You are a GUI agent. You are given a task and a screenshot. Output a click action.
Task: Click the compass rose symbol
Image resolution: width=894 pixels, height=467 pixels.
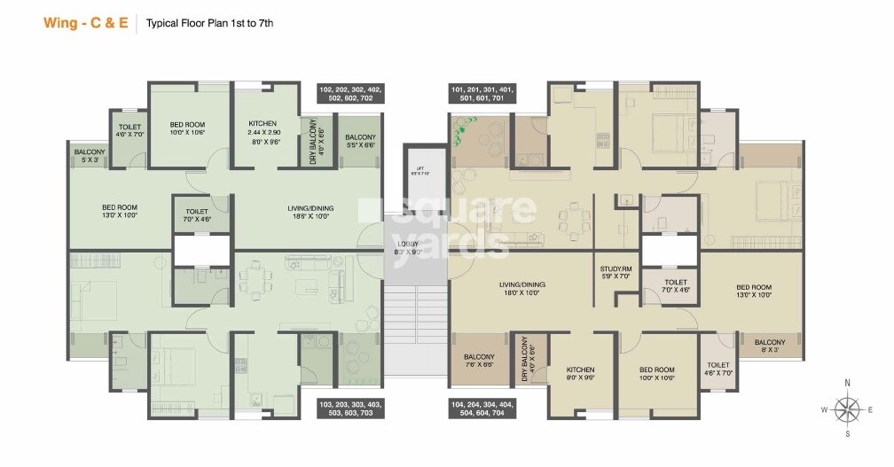pos(849,409)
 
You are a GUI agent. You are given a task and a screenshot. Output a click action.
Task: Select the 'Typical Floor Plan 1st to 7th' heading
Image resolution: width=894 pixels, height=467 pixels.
pos(209,24)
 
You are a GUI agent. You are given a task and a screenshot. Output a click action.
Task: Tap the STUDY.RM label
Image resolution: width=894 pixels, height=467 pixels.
pos(616,272)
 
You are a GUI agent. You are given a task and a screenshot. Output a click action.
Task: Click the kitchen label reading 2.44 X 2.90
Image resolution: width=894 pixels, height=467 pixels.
pos(263,131)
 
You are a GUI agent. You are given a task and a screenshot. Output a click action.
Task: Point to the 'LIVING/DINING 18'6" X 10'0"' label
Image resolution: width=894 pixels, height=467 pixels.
pos(309,211)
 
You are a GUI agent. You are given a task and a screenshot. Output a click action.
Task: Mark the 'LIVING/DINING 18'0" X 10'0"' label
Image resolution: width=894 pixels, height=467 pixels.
pos(521,289)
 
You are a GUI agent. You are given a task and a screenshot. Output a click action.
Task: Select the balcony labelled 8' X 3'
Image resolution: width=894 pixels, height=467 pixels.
pos(769,346)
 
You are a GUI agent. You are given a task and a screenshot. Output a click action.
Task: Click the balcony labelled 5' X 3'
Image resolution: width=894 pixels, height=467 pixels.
pos(89,156)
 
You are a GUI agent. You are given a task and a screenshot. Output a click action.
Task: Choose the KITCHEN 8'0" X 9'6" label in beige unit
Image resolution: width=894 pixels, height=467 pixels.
pos(581,373)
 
